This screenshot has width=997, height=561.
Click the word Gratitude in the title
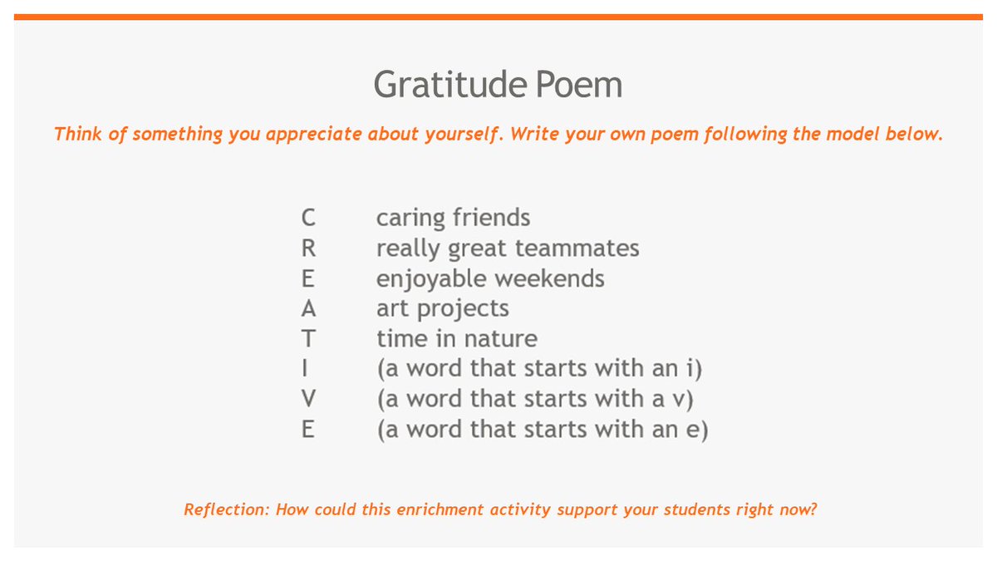437,85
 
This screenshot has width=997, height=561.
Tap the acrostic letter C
308,218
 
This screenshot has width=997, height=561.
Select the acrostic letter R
308,248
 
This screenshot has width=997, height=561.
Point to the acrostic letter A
308,308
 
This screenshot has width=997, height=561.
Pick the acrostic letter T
308,338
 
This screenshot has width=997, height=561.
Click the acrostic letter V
308,399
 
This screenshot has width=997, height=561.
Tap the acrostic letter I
308,369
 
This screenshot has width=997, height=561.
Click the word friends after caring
492,218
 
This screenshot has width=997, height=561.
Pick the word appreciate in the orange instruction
316,135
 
